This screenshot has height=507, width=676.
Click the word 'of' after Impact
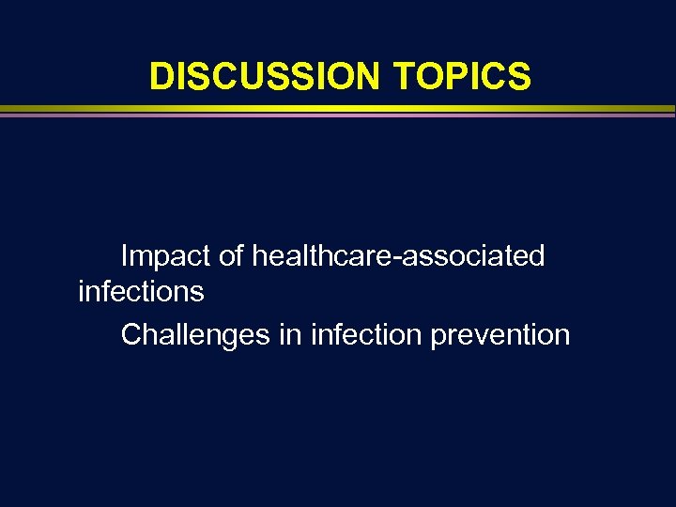[229, 255]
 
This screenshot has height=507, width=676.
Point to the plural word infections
[141, 292]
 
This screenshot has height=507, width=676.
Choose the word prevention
[500, 335]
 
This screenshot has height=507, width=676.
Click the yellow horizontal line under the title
[338, 109]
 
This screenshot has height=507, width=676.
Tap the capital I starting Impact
[125, 255]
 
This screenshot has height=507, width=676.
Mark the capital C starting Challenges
[131, 334]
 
